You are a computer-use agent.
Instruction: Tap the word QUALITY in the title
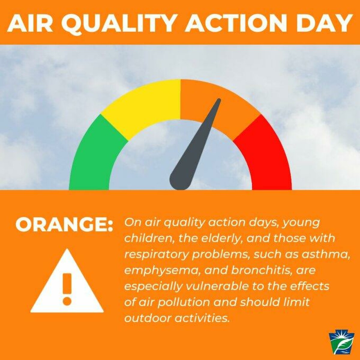point(120,23)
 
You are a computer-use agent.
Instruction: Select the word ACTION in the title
point(236,23)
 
